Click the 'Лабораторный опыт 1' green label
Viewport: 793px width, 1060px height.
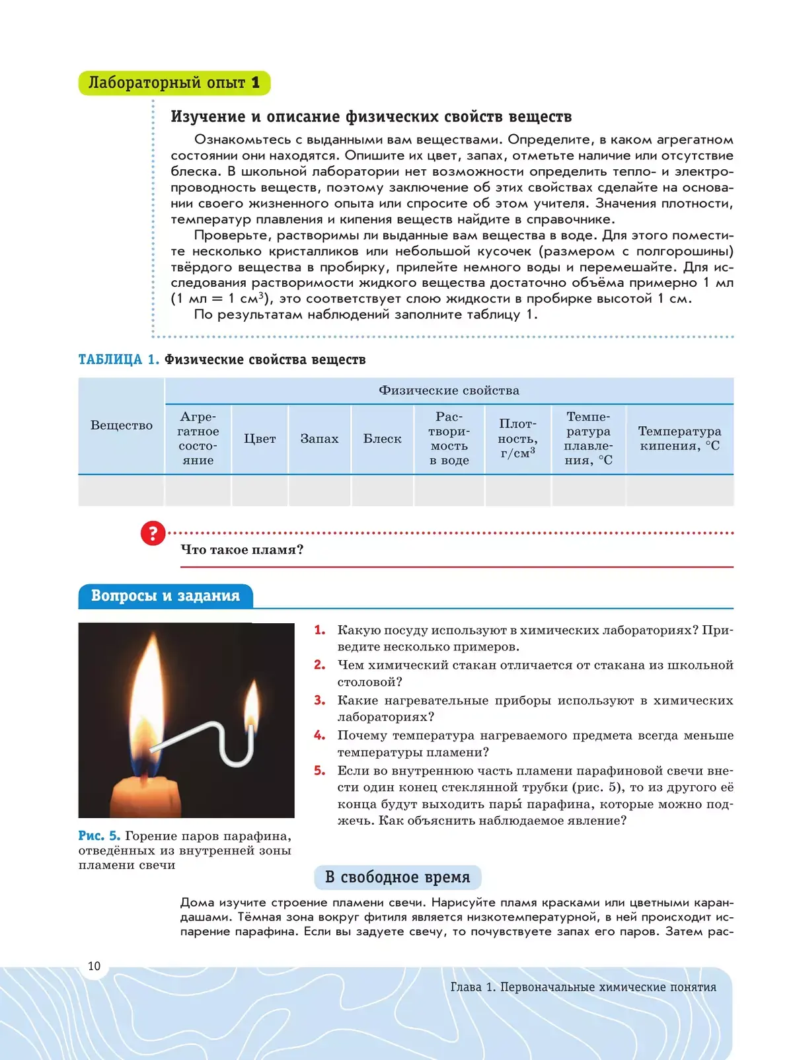(174, 83)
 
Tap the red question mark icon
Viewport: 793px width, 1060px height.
(153, 533)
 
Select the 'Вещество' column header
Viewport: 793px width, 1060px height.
(122, 426)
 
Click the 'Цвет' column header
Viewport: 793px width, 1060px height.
(260, 439)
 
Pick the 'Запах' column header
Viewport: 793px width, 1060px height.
(319, 439)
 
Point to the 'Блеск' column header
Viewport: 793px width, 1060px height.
(382, 439)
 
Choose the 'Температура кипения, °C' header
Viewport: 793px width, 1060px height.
(679, 439)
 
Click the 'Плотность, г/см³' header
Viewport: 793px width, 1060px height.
(517, 439)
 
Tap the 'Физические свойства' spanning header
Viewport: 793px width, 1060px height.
(449, 391)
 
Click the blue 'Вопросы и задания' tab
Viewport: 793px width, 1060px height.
(165, 596)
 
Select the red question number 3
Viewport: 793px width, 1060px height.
(320, 700)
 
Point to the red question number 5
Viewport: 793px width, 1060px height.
(320, 771)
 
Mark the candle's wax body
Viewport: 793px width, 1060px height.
(146, 798)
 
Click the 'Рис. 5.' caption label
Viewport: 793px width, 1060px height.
(99, 836)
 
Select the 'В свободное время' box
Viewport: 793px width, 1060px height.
(397, 878)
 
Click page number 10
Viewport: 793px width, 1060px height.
(94, 966)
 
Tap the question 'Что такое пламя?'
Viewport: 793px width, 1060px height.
(242, 550)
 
